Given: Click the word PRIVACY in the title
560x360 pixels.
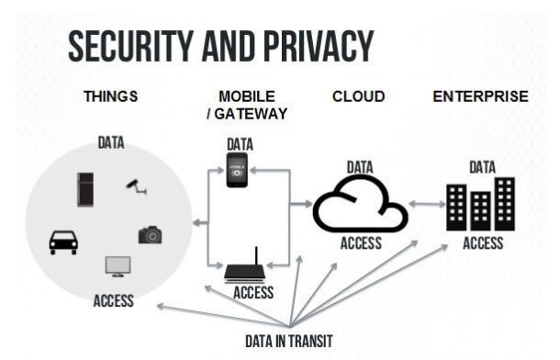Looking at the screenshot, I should (309, 45).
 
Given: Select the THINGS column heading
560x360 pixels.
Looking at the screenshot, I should (111, 96).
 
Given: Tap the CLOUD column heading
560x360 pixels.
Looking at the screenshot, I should (358, 96).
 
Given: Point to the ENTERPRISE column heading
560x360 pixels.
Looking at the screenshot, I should (480, 96).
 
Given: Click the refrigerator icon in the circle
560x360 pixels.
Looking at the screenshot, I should (86, 188).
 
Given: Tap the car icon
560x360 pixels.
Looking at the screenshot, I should (63, 241).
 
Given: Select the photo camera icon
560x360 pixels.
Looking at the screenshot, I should (150, 235).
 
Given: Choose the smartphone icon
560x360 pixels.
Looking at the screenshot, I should (239, 170).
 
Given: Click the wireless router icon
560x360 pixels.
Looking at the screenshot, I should (252, 269).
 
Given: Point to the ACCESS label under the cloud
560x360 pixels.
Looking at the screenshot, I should (361, 244).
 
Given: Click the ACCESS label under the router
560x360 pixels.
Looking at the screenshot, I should (253, 293).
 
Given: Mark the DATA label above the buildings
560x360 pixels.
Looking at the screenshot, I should (482, 168).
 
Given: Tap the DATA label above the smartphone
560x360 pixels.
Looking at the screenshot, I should (240, 144).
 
